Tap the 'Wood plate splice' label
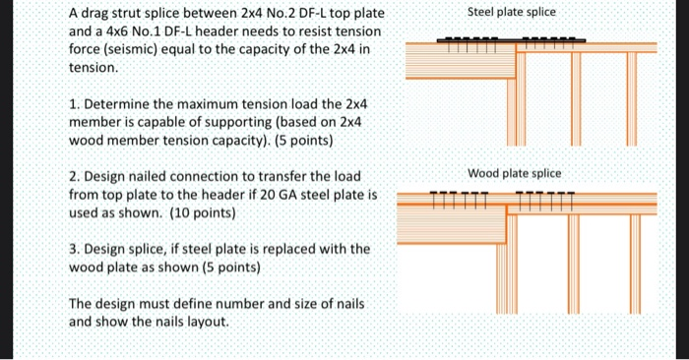click(515, 173)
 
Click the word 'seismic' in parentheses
click(129, 52)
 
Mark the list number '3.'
click(75, 249)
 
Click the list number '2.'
click(75, 176)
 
